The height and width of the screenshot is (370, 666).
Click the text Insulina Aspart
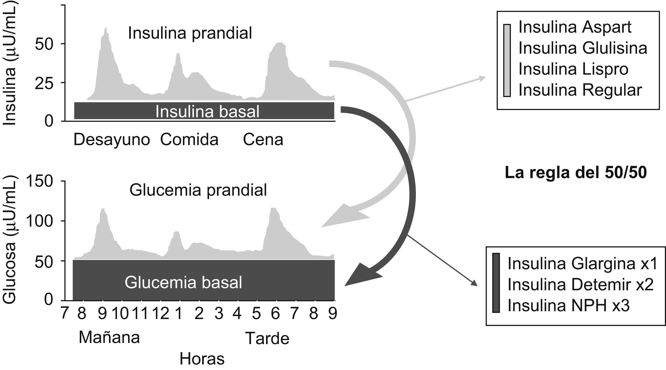pos(575,27)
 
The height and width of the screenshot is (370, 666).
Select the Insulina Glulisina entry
pos(583,48)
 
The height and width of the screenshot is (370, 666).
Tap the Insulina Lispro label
pos(573,69)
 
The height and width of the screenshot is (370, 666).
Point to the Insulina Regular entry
pos(580,90)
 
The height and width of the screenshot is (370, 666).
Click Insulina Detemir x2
pos(580,285)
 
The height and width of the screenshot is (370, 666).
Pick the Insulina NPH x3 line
pos(568,305)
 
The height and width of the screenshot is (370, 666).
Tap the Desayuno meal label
pos(112,140)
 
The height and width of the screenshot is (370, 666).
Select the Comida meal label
pos(189,140)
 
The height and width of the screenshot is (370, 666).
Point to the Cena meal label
pos(263,140)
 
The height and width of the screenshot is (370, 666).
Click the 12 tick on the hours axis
pos(160,314)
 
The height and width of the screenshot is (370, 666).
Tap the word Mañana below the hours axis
pos(109,338)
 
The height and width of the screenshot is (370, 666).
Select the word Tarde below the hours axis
pos(267,339)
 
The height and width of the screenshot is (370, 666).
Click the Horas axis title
pos(202,359)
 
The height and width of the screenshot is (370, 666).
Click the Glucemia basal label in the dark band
pos(183,282)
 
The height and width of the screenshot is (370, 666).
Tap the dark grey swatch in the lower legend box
pos(496,283)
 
